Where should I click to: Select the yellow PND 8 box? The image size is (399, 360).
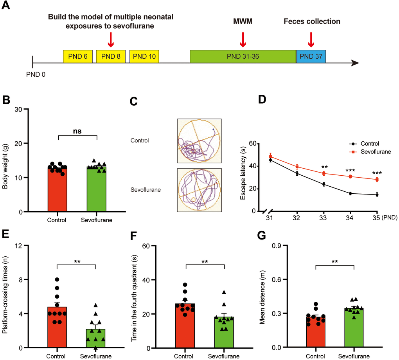coord(111,56)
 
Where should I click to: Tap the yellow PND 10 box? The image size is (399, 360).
coord(144,56)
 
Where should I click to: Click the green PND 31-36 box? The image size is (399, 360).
coord(243,56)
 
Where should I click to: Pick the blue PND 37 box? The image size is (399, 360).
coord(311,56)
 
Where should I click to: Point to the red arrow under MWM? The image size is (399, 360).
coord(243,39)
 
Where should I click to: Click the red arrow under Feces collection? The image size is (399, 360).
coord(311,39)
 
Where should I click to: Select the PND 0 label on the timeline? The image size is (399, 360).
coord(36,74)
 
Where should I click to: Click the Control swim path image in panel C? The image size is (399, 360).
coord(199,141)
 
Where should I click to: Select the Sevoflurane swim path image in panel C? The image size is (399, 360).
coord(199,190)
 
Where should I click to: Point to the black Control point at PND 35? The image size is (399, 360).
coord(377,194)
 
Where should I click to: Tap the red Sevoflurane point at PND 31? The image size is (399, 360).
coord(270,157)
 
